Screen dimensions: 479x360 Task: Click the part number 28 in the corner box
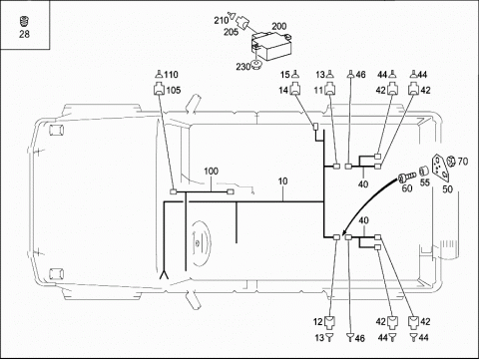pos(24,34)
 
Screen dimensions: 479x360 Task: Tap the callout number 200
pos(279,26)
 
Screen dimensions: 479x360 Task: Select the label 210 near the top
pos(221,21)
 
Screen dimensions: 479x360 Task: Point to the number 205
pos(231,32)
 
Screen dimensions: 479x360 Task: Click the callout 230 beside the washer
pos(243,67)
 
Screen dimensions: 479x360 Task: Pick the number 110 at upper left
pos(171,75)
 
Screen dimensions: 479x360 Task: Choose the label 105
pos(174,90)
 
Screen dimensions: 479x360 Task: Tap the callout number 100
pos(212,172)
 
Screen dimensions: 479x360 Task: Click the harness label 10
pos(282,181)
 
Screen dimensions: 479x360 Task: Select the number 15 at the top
pos(285,75)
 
